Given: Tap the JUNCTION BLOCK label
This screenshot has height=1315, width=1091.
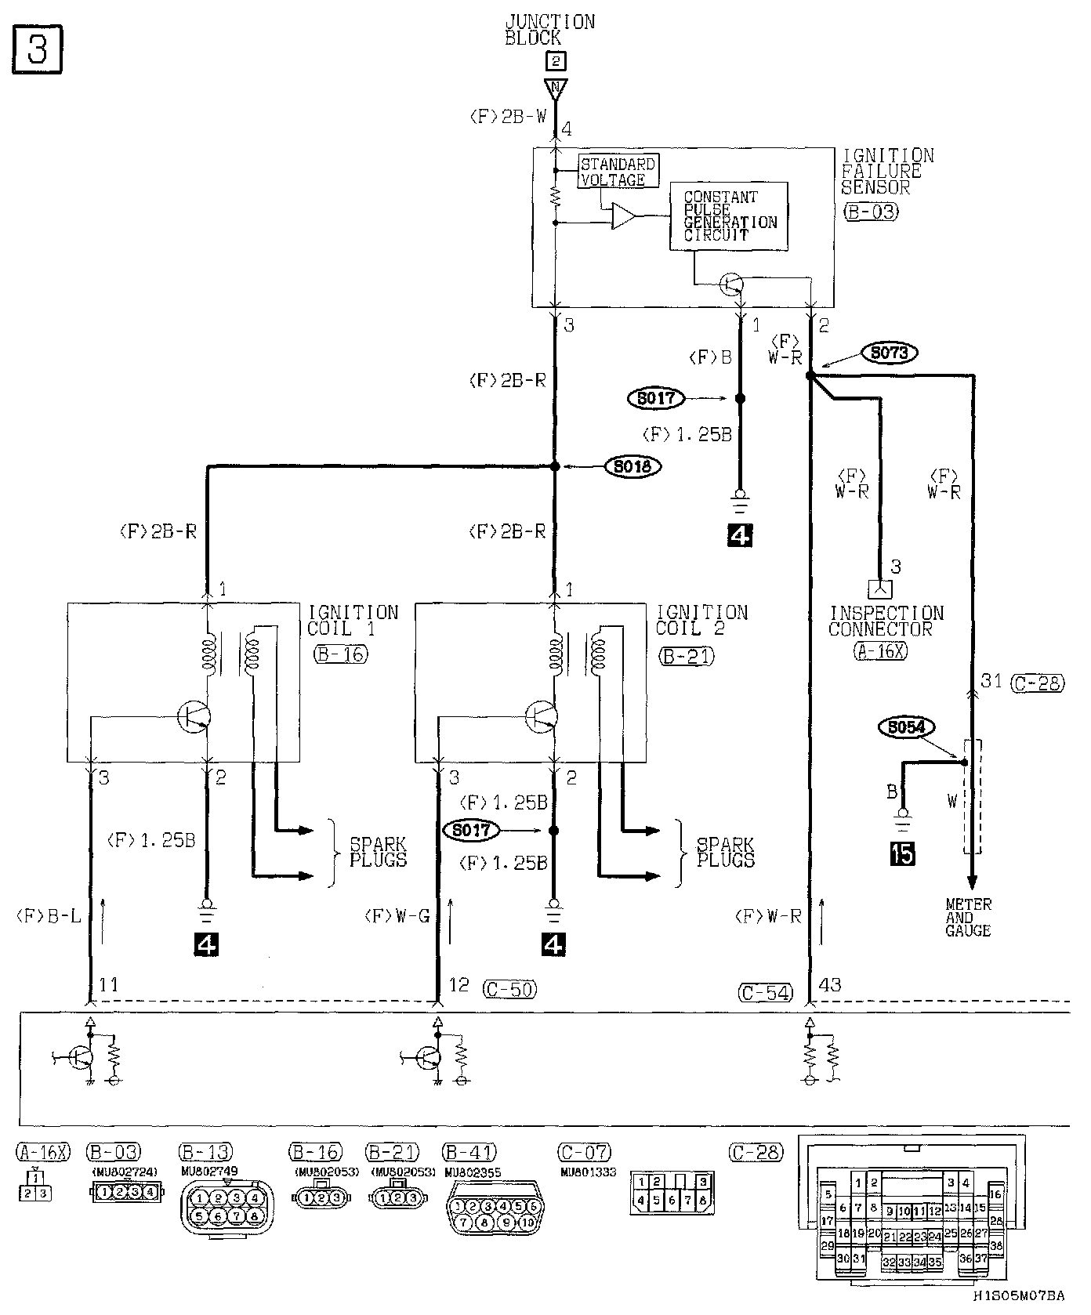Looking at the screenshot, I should click(549, 30).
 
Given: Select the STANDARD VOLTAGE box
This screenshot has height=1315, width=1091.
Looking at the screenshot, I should click(618, 172).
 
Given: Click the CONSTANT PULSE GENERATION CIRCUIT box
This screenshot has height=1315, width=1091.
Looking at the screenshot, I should click(729, 216).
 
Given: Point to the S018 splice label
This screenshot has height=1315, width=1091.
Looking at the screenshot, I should click(633, 466).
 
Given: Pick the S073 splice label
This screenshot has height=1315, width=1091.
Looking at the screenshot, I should click(889, 353).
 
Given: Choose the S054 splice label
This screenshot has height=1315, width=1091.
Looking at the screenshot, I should click(906, 727).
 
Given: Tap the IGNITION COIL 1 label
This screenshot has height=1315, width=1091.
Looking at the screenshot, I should click(352, 620).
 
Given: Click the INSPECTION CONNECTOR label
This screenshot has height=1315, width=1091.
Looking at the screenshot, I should click(885, 621).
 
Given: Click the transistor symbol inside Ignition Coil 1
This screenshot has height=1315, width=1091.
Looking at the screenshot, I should click(193, 715).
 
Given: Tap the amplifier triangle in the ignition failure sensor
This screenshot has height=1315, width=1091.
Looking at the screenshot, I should click(625, 216).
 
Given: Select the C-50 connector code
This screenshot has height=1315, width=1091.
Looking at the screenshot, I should click(509, 989).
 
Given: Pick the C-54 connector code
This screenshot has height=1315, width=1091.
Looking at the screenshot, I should click(766, 992).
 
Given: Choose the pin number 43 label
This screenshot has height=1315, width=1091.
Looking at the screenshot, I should click(829, 984).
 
